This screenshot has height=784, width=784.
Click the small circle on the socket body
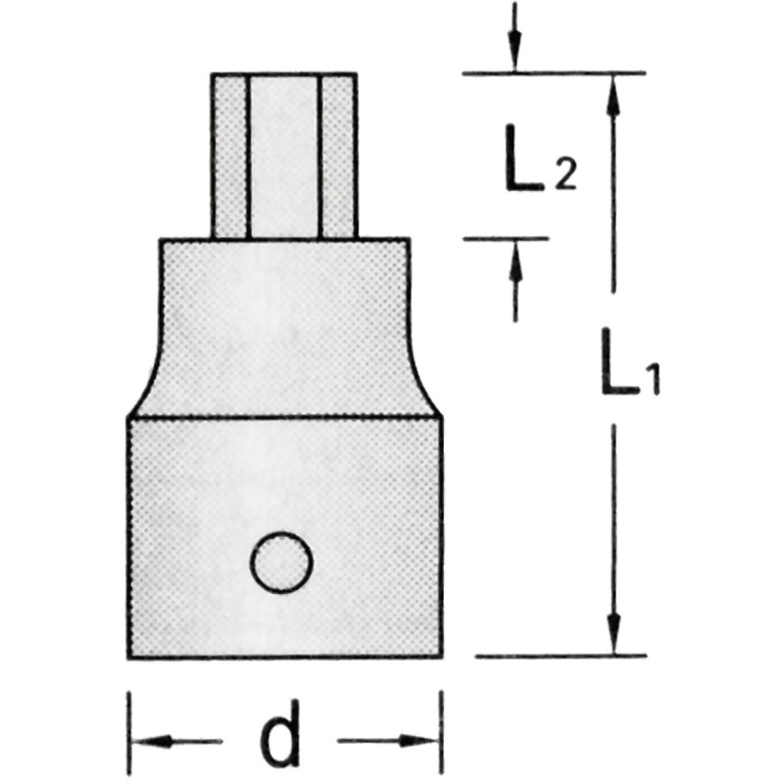pyautogui.click(x=281, y=563)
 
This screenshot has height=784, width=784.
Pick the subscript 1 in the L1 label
pyautogui.click(x=650, y=378)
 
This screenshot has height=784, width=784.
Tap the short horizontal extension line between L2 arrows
pyautogui.click(x=506, y=237)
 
